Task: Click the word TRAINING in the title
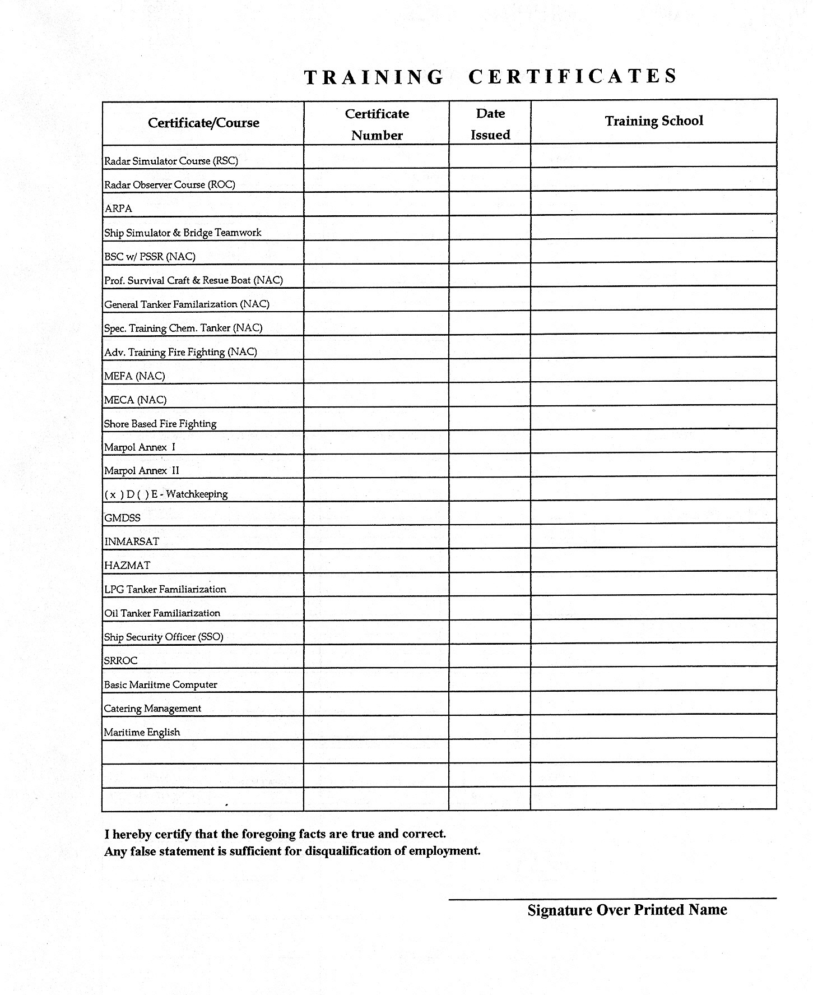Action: point(374,77)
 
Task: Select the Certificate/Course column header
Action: point(203,123)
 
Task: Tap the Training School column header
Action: point(653,121)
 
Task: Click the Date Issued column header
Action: point(490,124)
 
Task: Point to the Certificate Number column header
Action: point(377,124)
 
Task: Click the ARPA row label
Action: point(118,209)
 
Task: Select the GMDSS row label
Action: point(122,518)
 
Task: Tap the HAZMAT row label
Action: point(127,566)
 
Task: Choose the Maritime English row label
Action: point(142,732)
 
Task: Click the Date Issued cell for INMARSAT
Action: point(490,537)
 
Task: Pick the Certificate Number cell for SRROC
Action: point(377,656)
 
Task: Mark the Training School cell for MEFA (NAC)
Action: point(653,371)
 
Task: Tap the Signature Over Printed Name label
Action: point(627,909)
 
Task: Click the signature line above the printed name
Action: point(612,899)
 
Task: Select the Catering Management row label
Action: point(152,709)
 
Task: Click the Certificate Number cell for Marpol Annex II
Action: point(377,466)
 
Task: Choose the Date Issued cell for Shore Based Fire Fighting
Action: point(490,419)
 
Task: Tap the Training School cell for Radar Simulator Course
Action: point(653,156)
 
